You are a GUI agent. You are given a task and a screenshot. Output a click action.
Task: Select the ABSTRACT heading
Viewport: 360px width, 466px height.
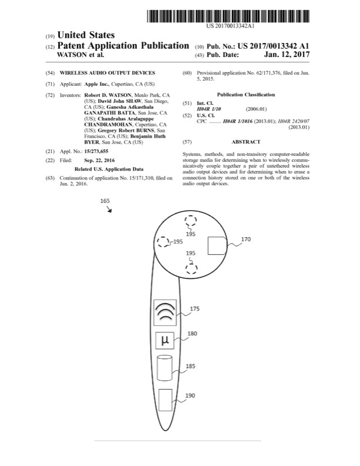point(246,142)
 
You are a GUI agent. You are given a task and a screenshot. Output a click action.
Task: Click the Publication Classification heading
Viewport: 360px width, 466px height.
point(246,94)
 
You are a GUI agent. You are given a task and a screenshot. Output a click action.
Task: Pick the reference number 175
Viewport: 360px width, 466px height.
point(194,308)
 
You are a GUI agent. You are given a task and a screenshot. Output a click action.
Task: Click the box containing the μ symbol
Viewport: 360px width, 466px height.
point(165,341)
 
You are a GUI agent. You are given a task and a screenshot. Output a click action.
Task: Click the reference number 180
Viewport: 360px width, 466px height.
point(192,334)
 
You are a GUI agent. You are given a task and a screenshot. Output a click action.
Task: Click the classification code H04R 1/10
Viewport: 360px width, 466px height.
point(209,108)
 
